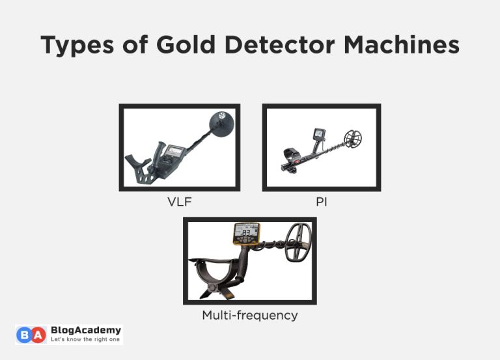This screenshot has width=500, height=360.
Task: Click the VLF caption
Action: click(x=180, y=202)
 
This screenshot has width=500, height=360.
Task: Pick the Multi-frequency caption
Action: click(x=249, y=315)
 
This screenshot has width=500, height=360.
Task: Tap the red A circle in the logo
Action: click(x=40, y=335)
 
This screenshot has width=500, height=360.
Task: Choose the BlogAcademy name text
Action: click(x=85, y=331)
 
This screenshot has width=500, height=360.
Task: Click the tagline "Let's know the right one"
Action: click(x=85, y=340)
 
